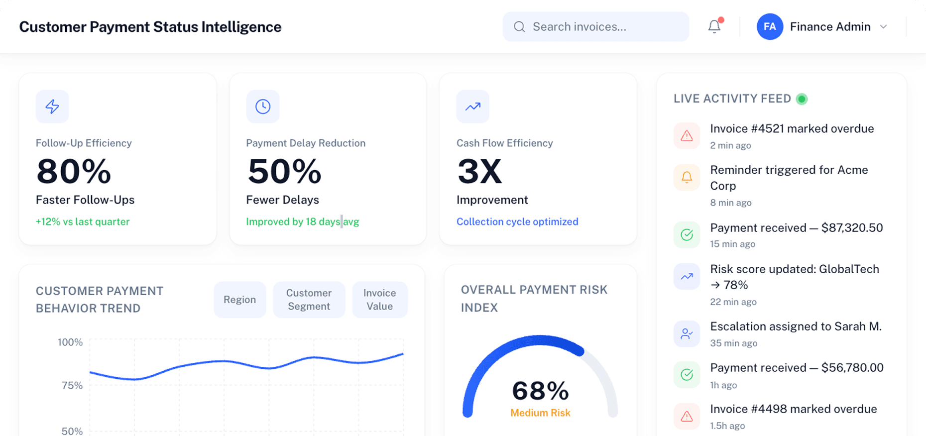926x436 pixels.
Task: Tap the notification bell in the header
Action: point(714,26)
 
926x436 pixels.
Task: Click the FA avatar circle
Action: point(770,27)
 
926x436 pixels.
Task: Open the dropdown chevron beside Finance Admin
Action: point(884,27)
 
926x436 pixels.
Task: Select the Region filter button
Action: point(239,300)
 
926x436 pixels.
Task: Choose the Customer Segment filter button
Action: point(309,300)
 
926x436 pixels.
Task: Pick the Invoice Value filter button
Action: point(379,300)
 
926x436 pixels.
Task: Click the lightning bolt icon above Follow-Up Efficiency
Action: point(52,107)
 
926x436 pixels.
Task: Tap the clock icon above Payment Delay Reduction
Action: point(263,107)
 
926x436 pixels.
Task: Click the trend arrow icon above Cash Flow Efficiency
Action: point(473,107)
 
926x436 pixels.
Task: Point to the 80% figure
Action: point(74,172)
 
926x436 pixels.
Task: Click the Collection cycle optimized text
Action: point(517,222)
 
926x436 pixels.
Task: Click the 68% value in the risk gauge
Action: point(540,391)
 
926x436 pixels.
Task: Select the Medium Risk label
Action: point(540,413)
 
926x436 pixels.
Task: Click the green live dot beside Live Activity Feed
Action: point(802,99)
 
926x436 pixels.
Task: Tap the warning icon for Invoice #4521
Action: point(687,136)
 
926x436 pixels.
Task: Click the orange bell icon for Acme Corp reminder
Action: point(687,177)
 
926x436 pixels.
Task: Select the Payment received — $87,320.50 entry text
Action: point(796,228)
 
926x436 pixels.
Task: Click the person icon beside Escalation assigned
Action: point(687,334)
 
